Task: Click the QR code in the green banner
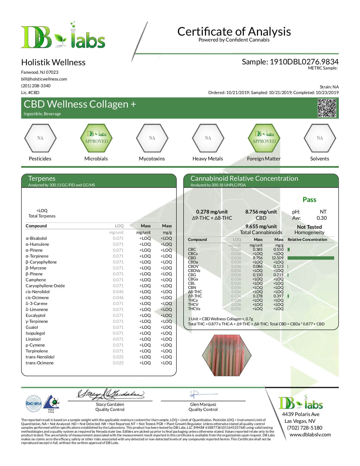[x=327, y=108]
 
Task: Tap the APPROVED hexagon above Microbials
[x=96, y=138]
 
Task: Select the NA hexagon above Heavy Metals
[x=208, y=138]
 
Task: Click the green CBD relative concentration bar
[x=311, y=258]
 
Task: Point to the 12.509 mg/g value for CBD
[x=278, y=258]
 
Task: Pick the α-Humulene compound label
[x=37, y=244]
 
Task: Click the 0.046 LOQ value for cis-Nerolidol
[x=118, y=292]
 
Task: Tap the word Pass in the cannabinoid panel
[x=309, y=200]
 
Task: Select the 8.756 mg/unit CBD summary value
[x=261, y=212]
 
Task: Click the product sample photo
[x=227, y=355]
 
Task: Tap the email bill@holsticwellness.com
[x=44, y=79]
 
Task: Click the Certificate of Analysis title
[x=234, y=31]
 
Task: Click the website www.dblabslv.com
[x=310, y=435]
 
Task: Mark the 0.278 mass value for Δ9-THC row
[x=258, y=296]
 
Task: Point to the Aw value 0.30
[x=322, y=218]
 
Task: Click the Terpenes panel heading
[x=42, y=178]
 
